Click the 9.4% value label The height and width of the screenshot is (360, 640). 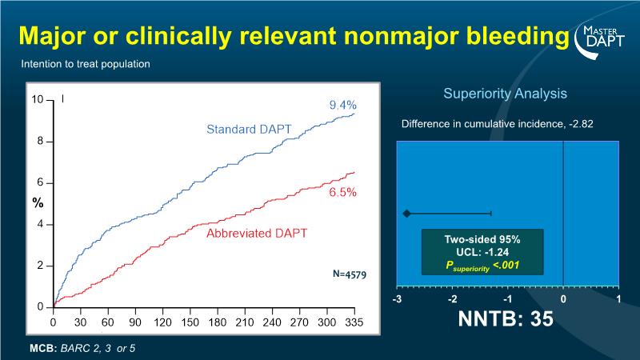click(342, 105)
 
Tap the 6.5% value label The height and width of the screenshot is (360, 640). click(342, 193)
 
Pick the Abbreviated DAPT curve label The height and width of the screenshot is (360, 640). click(257, 234)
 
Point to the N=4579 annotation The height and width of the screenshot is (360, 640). click(350, 274)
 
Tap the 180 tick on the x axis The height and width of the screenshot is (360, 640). click(218, 322)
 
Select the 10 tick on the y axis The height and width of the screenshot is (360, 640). click(38, 100)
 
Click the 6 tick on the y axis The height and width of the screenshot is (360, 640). click(40, 183)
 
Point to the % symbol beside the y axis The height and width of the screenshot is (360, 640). click(37, 203)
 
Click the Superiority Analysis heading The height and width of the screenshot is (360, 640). click(505, 94)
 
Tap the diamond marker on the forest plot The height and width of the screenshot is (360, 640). click(406, 214)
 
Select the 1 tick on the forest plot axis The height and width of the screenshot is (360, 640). click(619, 299)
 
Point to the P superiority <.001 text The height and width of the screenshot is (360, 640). click(482, 264)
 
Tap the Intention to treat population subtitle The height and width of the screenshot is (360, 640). click(86, 64)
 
